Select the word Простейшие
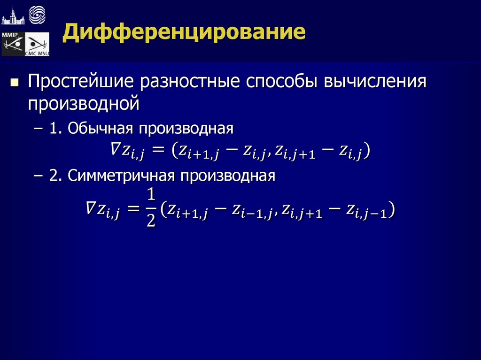coord(79,82)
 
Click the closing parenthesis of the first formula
coord(366,151)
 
